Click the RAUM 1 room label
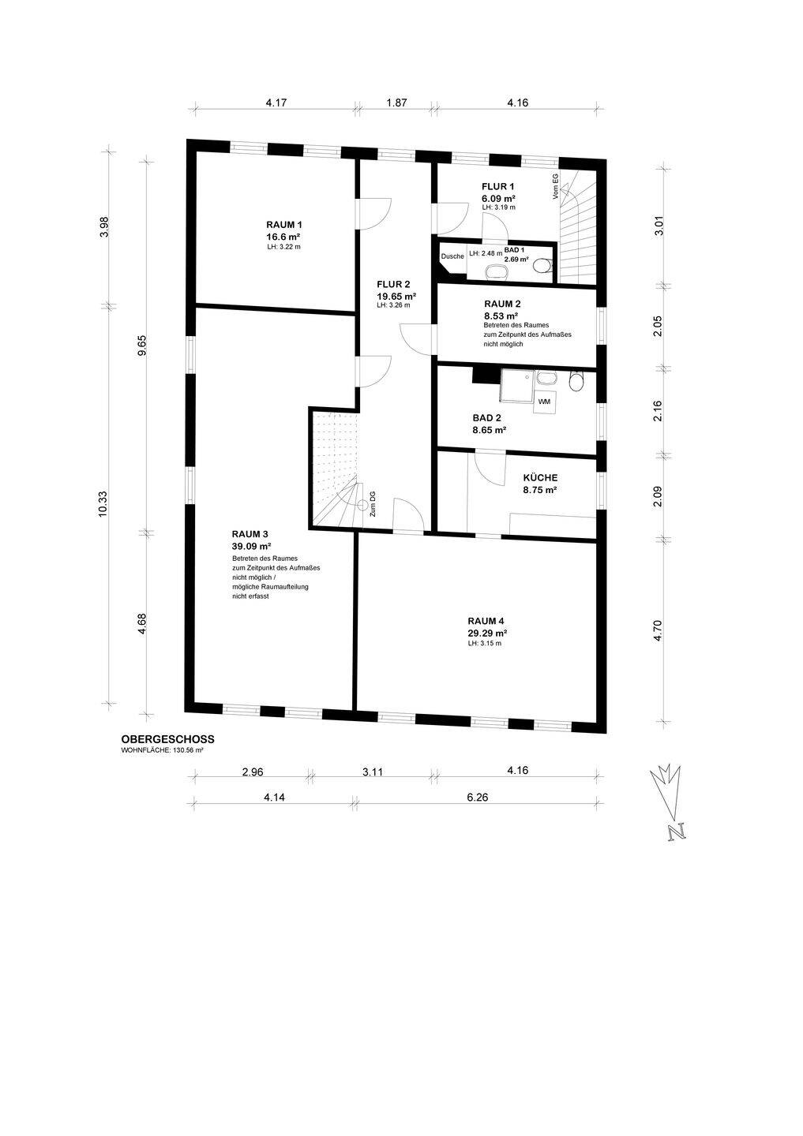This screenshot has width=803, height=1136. coord(284,225)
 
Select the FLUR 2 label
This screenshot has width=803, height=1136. coord(393,285)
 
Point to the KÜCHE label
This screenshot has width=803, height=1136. coord(540,478)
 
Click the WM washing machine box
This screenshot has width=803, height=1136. coord(544,402)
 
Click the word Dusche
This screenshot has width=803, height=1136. coord(452,256)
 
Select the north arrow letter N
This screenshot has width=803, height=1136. coord(677,832)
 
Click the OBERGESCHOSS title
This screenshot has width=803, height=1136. coord(167,739)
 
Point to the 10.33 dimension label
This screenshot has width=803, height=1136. coord(103,504)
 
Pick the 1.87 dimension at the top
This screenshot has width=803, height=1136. coord(396,103)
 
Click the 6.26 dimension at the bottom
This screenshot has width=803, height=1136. coord(477,798)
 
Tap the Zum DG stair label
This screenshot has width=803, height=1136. coord(373,505)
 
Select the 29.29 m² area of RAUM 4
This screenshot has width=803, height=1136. coord(487,633)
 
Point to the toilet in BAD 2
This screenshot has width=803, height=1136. coord(576,381)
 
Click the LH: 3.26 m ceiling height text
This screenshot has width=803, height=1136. coord(393,305)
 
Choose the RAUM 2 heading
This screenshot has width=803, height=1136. coord(502,305)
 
